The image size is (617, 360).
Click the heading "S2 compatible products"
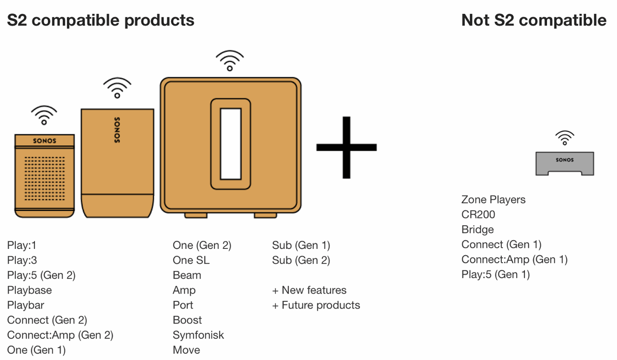click(101, 21)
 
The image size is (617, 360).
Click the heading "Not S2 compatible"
click(534, 21)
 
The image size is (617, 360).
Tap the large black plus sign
click(346, 148)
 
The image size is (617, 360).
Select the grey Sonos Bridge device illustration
click(565, 163)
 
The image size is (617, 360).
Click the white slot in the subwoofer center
click(231, 144)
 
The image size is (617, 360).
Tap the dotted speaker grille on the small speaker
click(45, 178)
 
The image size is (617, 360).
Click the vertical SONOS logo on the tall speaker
click(117, 130)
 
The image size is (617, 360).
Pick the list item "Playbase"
click(29, 290)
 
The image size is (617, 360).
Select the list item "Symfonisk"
click(198, 335)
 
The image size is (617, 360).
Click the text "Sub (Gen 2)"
click(301, 260)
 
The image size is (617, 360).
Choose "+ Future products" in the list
click(316, 305)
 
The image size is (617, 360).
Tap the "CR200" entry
click(478, 214)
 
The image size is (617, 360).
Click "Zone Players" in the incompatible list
click(493, 200)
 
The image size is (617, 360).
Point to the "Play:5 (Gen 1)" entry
click(496, 275)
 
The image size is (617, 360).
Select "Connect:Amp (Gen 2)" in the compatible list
click(60, 335)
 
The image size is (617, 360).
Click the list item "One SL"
click(191, 260)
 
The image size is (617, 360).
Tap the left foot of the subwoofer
click(196, 215)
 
